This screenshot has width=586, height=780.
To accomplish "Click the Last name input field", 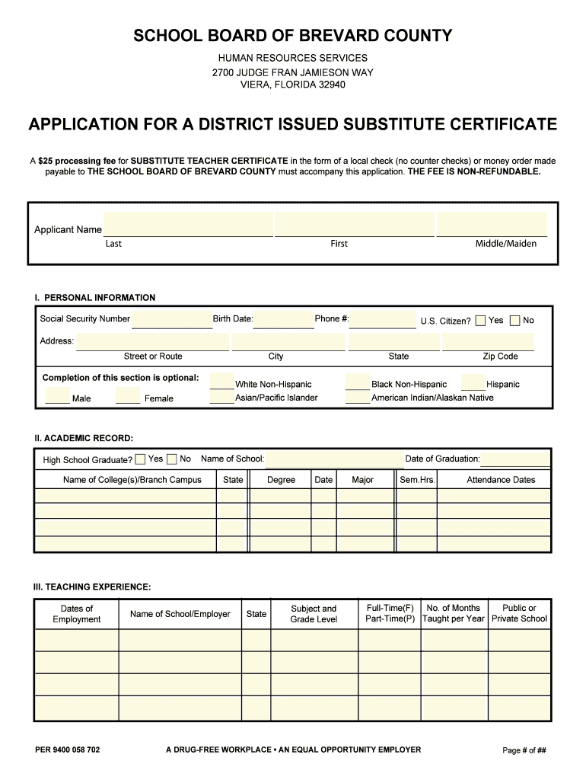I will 188,225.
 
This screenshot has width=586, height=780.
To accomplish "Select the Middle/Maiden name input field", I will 491,225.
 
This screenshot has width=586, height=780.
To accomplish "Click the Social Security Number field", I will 172,319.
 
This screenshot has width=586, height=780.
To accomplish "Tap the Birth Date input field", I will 283,319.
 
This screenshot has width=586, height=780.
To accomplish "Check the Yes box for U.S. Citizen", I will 480,321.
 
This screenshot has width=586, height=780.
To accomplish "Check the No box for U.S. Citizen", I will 515,321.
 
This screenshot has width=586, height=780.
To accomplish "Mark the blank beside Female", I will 128,397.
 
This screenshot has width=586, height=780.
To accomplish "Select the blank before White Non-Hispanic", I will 221,383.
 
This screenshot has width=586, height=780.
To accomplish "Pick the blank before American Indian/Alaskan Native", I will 357,397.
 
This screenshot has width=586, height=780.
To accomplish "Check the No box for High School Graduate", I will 172,459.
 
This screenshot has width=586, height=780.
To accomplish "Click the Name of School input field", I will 333,459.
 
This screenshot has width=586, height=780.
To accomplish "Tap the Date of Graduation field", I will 515,459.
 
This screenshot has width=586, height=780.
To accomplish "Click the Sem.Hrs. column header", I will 417,480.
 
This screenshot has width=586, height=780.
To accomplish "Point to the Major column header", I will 363,480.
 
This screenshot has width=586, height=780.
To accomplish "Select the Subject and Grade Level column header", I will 314,614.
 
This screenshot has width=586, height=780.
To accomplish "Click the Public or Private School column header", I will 519,614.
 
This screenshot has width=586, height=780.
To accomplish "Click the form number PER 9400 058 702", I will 67,750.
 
